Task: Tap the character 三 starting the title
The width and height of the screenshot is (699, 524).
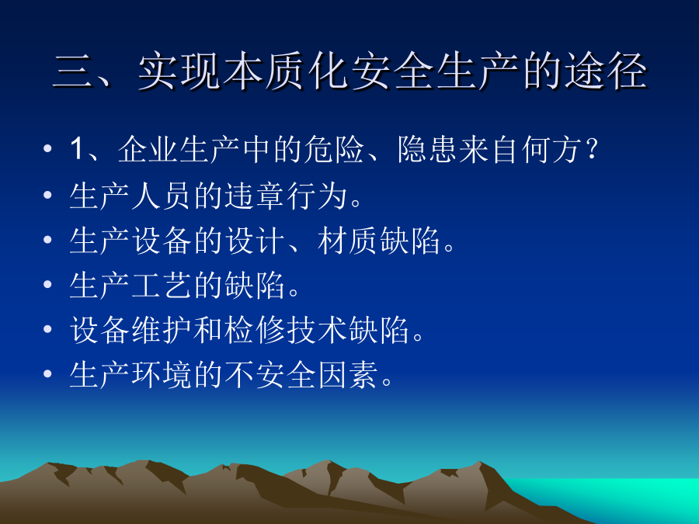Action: point(71,71)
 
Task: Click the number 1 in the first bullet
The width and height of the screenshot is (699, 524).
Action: point(76,148)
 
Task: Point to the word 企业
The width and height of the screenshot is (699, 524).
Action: point(148,149)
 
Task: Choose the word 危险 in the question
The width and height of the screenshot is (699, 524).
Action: point(334,149)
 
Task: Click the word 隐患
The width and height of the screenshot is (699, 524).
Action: point(427,149)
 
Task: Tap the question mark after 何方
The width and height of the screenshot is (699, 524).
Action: point(592,149)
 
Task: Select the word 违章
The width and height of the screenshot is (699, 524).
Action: point(254,196)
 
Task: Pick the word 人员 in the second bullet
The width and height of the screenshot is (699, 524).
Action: point(161,196)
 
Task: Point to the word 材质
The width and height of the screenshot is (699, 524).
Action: point(347,241)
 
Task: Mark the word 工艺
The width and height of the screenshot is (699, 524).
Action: point(161,285)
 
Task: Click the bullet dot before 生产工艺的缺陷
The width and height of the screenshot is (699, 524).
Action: point(47,284)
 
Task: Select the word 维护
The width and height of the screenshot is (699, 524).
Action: point(161,330)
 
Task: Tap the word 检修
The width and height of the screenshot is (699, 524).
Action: point(254,330)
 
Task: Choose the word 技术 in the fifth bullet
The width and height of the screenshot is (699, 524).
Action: point(317,330)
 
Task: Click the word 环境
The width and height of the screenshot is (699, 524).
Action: point(161,375)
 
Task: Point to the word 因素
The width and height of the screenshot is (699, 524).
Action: point(347,375)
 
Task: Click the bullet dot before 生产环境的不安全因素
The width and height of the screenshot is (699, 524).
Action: point(47,374)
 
